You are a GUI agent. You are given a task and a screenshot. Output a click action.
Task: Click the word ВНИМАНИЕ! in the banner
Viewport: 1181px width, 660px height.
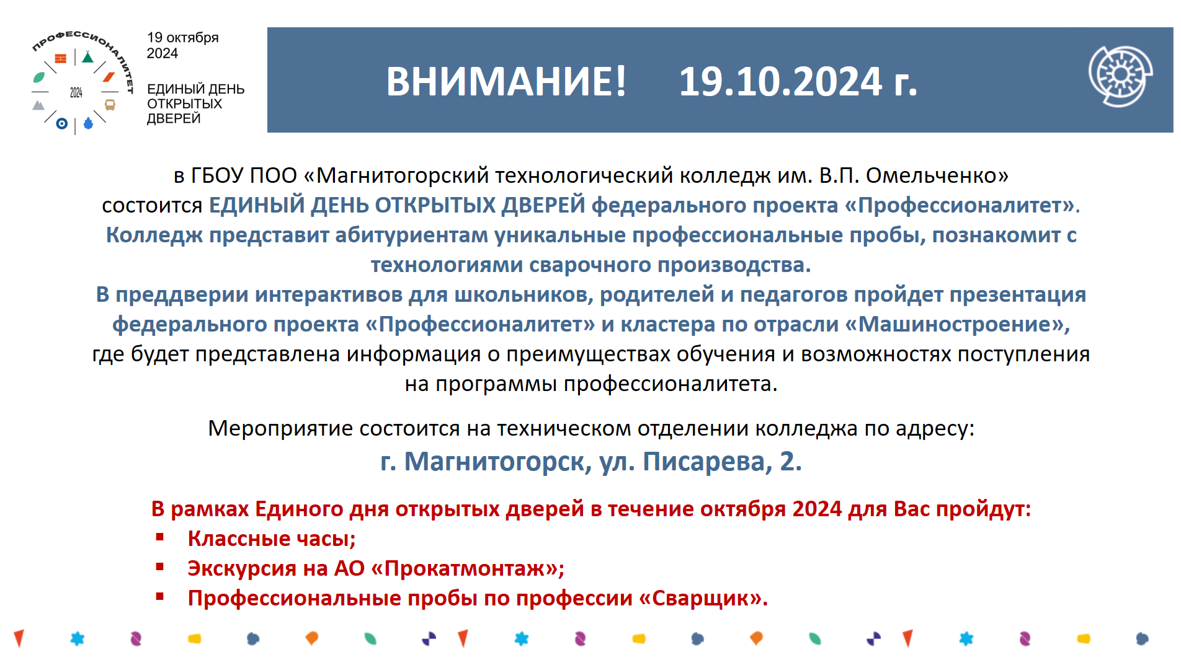(x=506, y=81)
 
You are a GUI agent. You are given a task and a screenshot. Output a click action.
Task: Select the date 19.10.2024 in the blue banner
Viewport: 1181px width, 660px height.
(x=781, y=81)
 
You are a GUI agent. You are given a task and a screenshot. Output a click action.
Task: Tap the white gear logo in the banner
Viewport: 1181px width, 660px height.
(x=1120, y=76)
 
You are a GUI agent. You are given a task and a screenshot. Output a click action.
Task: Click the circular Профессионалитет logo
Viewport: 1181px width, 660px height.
(x=81, y=82)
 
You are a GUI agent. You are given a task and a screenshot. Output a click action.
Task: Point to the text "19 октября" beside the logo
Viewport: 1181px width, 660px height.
(x=183, y=38)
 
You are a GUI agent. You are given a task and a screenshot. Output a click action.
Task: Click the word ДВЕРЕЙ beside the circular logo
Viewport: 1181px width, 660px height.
(x=174, y=118)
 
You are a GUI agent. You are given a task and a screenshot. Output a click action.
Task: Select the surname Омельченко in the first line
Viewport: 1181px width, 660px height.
(x=937, y=176)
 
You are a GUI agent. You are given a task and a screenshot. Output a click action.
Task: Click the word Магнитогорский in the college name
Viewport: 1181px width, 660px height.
(x=403, y=176)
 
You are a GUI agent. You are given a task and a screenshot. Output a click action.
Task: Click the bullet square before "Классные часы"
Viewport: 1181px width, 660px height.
(x=160, y=537)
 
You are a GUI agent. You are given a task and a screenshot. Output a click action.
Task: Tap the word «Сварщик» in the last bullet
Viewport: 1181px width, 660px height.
(x=703, y=598)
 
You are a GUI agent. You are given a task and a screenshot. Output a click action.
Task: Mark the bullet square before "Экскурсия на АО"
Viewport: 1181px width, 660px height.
(x=160, y=566)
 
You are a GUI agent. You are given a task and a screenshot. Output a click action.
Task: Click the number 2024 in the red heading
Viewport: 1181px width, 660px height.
(x=817, y=509)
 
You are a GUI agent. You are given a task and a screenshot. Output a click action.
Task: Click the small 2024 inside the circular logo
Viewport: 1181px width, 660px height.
(x=76, y=92)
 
